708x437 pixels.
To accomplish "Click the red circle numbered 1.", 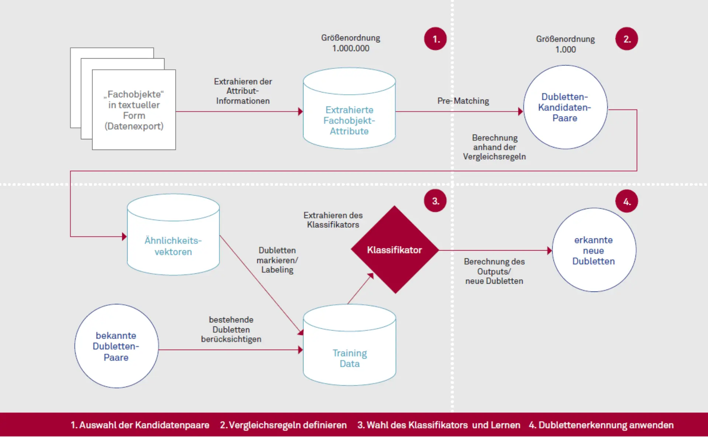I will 435,39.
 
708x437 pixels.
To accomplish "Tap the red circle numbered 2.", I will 627,39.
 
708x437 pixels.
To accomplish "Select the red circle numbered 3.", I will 435,201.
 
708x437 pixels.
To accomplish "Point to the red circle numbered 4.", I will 627,201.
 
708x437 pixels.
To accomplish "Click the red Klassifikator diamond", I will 395,250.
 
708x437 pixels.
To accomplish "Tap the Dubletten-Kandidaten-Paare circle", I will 565,107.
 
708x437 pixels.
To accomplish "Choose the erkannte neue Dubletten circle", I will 594,250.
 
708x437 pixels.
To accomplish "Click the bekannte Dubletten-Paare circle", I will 116,346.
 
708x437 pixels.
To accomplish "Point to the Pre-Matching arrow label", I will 463,101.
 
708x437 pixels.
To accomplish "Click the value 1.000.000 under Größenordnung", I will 351,48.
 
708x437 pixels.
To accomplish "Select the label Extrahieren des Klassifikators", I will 333,220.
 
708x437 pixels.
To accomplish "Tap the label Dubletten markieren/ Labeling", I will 277,260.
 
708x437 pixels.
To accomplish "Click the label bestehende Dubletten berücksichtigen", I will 231,329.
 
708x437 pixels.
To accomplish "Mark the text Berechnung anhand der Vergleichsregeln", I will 494,147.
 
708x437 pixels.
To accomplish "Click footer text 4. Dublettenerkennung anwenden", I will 601,425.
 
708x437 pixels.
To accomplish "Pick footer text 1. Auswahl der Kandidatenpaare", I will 140,425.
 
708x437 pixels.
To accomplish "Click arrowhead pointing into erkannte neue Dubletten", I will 549,251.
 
